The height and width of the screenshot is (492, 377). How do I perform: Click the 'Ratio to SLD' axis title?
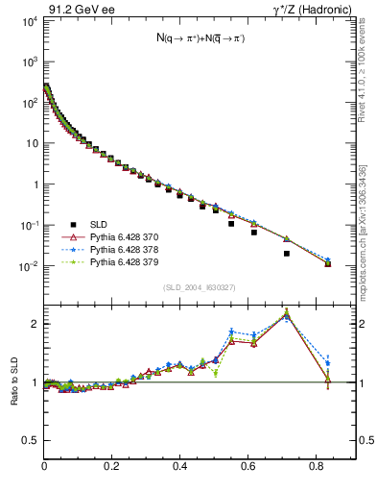pos(14,381)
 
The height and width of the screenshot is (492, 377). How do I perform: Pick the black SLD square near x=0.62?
pos(254,233)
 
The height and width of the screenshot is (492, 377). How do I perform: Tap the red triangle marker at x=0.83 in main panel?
pos(328,263)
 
